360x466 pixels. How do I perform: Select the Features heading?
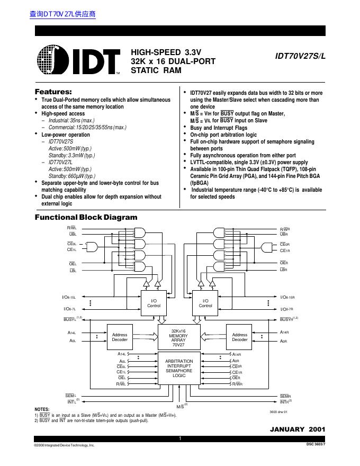click(x=53, y=92)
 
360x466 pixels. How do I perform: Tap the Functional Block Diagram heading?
click(x=86, y=217)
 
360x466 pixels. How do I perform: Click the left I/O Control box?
click(x=154, y=303)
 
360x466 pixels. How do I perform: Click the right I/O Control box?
click(x=205, y=303)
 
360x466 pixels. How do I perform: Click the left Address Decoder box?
click(x=120, y=337)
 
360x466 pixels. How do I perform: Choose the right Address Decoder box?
click(x=240, y=337)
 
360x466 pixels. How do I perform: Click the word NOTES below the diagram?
click(x=42, y=409)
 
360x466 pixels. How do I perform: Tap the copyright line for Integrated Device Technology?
click(x=64, y=446)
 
